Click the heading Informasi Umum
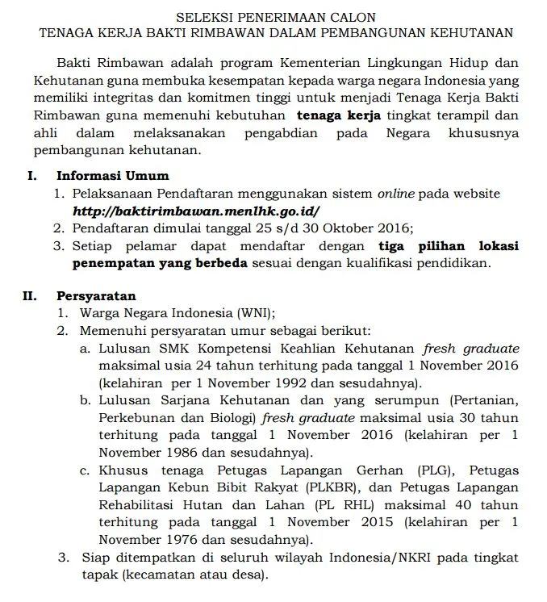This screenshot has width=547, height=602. (112, 176)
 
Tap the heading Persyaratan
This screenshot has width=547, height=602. (96, 296)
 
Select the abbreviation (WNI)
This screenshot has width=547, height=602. (255, 313)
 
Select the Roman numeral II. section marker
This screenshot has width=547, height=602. (31, 296)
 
